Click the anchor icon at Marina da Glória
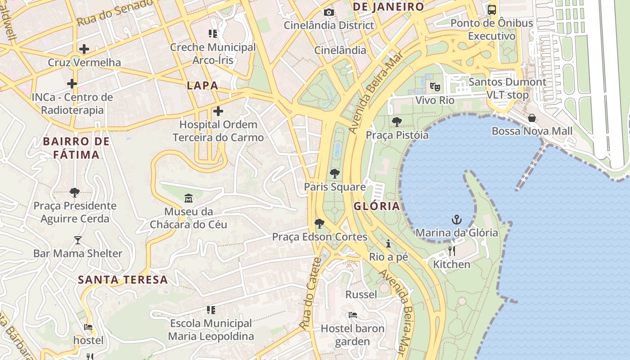click(x=457, y=220)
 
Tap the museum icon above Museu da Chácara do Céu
click(x=189, y=198)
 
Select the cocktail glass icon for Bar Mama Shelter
click(x=78, y=240)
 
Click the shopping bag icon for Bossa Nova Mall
click(x=532, y=118)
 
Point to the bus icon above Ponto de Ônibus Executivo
click(x=492, y=9)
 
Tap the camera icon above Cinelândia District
click(x=329, y=12)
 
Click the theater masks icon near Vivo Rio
click(x=435, y=86)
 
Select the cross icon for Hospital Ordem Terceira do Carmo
click(x=218, y=111)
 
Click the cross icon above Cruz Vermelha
click(x=84, y=49)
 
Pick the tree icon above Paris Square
click(x=334, y=173)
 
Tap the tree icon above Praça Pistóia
click(x=397, y=121)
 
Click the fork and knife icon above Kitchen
click(x=452, y=251)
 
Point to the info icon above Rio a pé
click(x=388, y=243)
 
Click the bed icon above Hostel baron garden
click(x=353, y=315)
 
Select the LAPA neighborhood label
click(x=202, y=85)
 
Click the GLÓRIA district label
click(x=377, y=207)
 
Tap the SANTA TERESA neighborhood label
click(x=123, y=280)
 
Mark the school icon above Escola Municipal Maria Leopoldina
click(x=211, y=310)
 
